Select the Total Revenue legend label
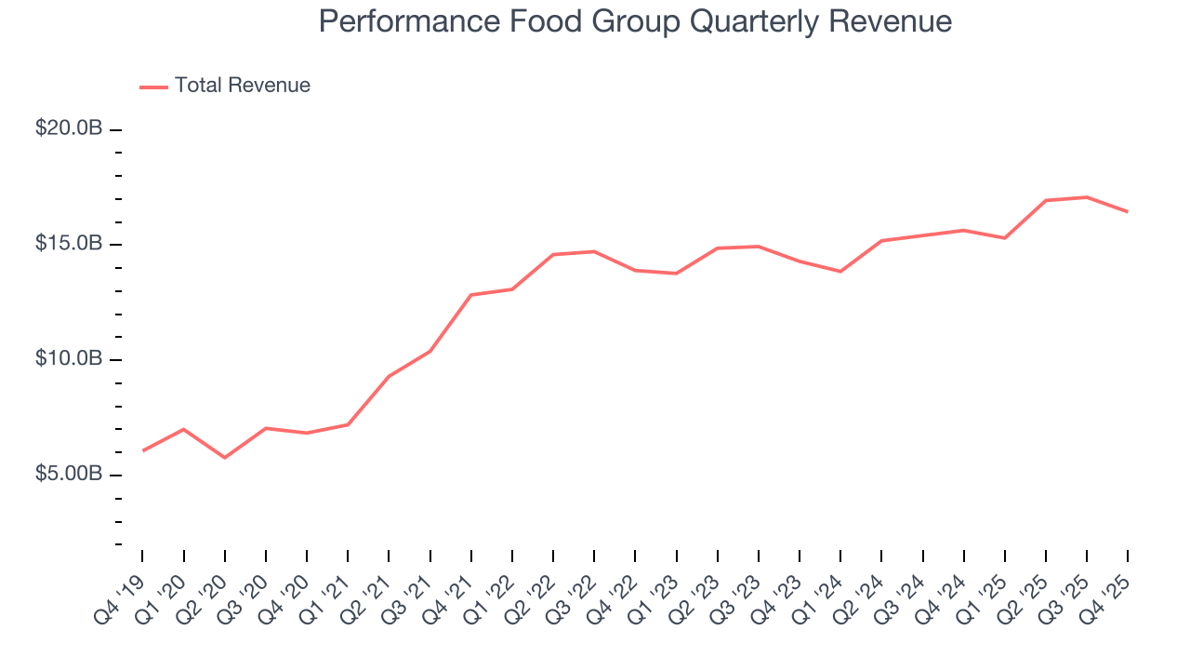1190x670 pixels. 242,86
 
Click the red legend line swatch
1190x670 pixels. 153,87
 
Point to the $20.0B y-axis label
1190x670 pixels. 69,128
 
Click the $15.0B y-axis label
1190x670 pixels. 69,244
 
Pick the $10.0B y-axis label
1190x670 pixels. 69,359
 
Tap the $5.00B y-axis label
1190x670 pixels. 69,475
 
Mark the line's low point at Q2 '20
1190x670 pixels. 224,458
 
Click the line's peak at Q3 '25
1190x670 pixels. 1087,197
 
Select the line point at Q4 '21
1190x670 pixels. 471,295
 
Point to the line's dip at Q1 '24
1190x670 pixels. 840,272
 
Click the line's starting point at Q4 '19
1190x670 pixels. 142,450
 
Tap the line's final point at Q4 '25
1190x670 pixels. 1128,212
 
